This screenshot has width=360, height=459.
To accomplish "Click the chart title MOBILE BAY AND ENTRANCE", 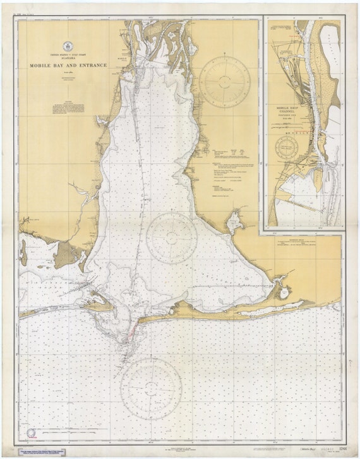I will [x=68, y=65].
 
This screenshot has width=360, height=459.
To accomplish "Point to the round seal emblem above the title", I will [x=68, y=46].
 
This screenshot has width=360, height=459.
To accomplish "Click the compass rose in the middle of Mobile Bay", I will [x=172, y=238].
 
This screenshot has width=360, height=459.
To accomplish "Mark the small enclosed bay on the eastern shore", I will [x=235, y=223].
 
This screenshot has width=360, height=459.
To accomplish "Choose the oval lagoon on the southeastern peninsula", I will [x=284, y=293].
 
